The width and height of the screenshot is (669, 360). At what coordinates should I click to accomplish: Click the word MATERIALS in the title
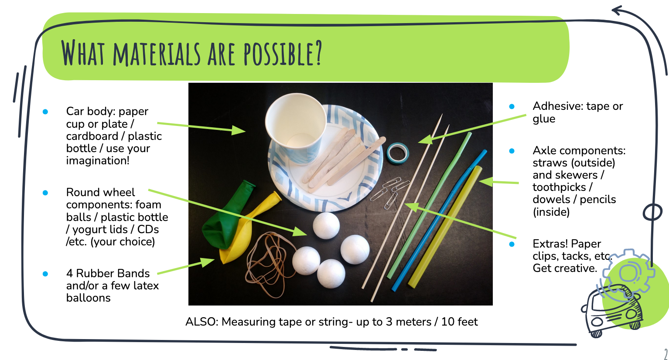click(x=157, y=54)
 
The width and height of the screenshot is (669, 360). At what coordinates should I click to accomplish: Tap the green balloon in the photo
click(x=227, y=215)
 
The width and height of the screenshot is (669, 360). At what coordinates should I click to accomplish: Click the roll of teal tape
click(x=397, y=153)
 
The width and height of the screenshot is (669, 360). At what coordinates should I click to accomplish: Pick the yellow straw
click(x=445, y=227)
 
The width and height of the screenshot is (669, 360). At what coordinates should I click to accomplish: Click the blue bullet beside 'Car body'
click(x=45, y=112)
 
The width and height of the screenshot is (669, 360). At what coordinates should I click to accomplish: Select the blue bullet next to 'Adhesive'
click(x=512, y=107)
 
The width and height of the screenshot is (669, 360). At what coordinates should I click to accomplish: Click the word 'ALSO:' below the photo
click(x=202, y=322)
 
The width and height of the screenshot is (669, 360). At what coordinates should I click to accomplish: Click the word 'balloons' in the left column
click(x=89, y=298)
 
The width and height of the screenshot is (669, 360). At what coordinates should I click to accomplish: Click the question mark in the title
click(x=318, y=53)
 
